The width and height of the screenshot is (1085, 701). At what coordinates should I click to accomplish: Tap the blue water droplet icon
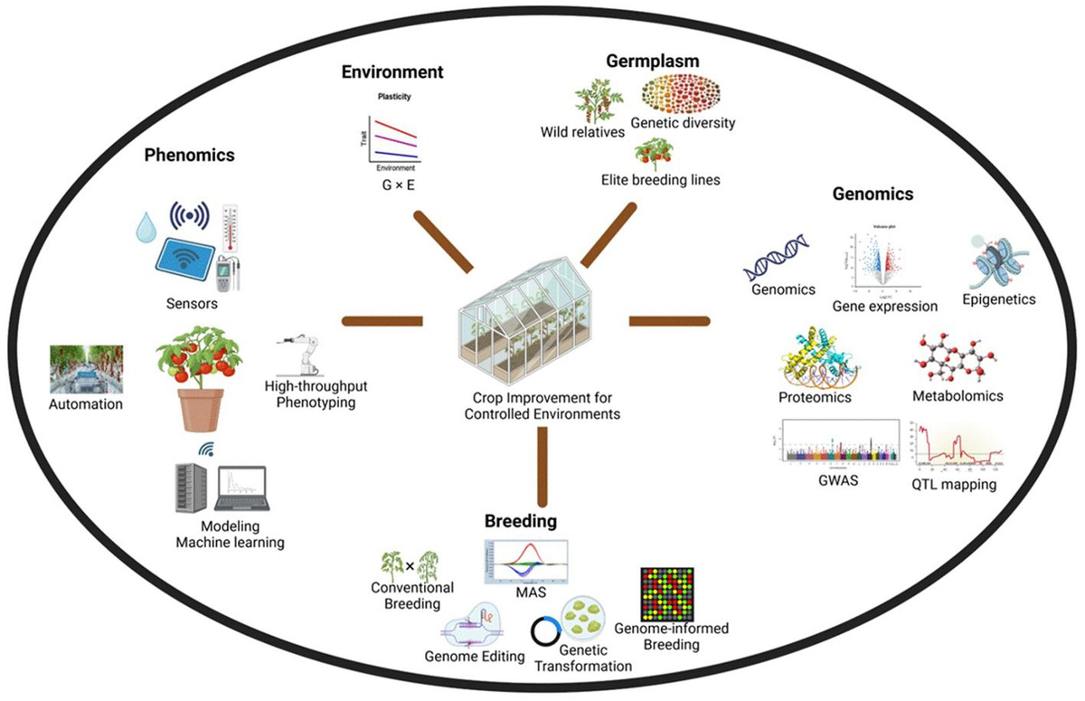[x=146, y=227]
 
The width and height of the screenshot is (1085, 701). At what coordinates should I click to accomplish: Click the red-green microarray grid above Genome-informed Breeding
[x=666, y=594]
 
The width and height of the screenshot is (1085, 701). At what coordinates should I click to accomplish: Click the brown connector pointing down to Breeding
[x=542, y=466]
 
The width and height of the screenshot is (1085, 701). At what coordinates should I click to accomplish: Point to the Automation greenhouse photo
[x=87, y=369]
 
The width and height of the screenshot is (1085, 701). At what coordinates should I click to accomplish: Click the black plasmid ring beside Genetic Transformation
[x=548, y=630]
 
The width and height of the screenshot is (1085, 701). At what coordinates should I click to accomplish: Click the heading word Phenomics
[x=189, y=155]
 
